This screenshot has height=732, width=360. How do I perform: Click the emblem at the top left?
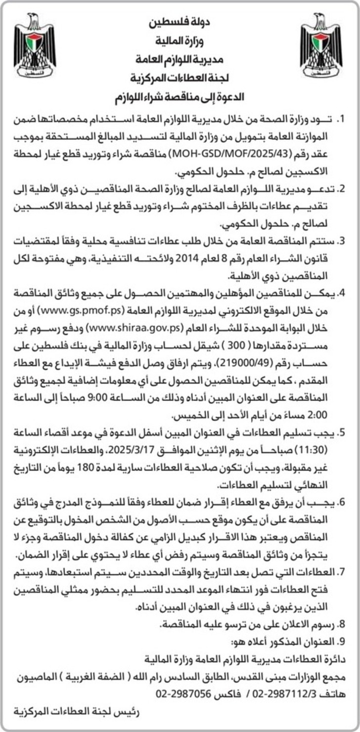click(x=35, y=45)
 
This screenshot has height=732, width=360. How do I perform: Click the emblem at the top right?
click(x=321, y=45)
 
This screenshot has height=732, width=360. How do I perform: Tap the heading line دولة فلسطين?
click(x=180, y=22)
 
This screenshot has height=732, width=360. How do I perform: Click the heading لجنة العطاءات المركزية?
click(x=180, y=78)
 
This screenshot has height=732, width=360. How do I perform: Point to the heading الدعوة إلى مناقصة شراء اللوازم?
click(x=180, y=96)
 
